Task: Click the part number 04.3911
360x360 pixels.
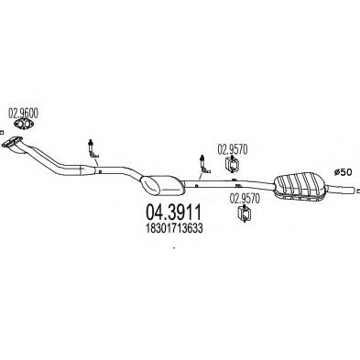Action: tap(173, 213)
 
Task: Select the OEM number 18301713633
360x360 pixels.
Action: tap(174, 228)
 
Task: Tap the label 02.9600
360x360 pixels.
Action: tap(23, 114)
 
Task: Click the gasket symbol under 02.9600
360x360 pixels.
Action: tap(24, 125)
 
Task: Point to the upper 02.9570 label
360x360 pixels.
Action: tap(232, 149)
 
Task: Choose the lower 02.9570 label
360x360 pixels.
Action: tap(245, 199)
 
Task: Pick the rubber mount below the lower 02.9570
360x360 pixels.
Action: tap(244, 213)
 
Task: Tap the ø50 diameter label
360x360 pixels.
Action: tap(343, 172)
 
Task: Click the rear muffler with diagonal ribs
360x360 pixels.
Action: tap(299, 187)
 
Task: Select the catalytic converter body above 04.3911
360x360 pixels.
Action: tap(163, 185)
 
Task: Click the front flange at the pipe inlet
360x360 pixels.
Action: tap(12, 142)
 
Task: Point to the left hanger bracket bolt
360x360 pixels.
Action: tap(93, 149)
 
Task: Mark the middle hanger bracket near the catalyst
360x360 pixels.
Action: tap(204, 165)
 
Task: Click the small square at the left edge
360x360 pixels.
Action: tap(2, 132)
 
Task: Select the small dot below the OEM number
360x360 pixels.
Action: tap(174, 247)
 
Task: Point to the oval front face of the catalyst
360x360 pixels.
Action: tap(150, 185)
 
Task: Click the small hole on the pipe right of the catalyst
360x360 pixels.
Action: tap(196, 185)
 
